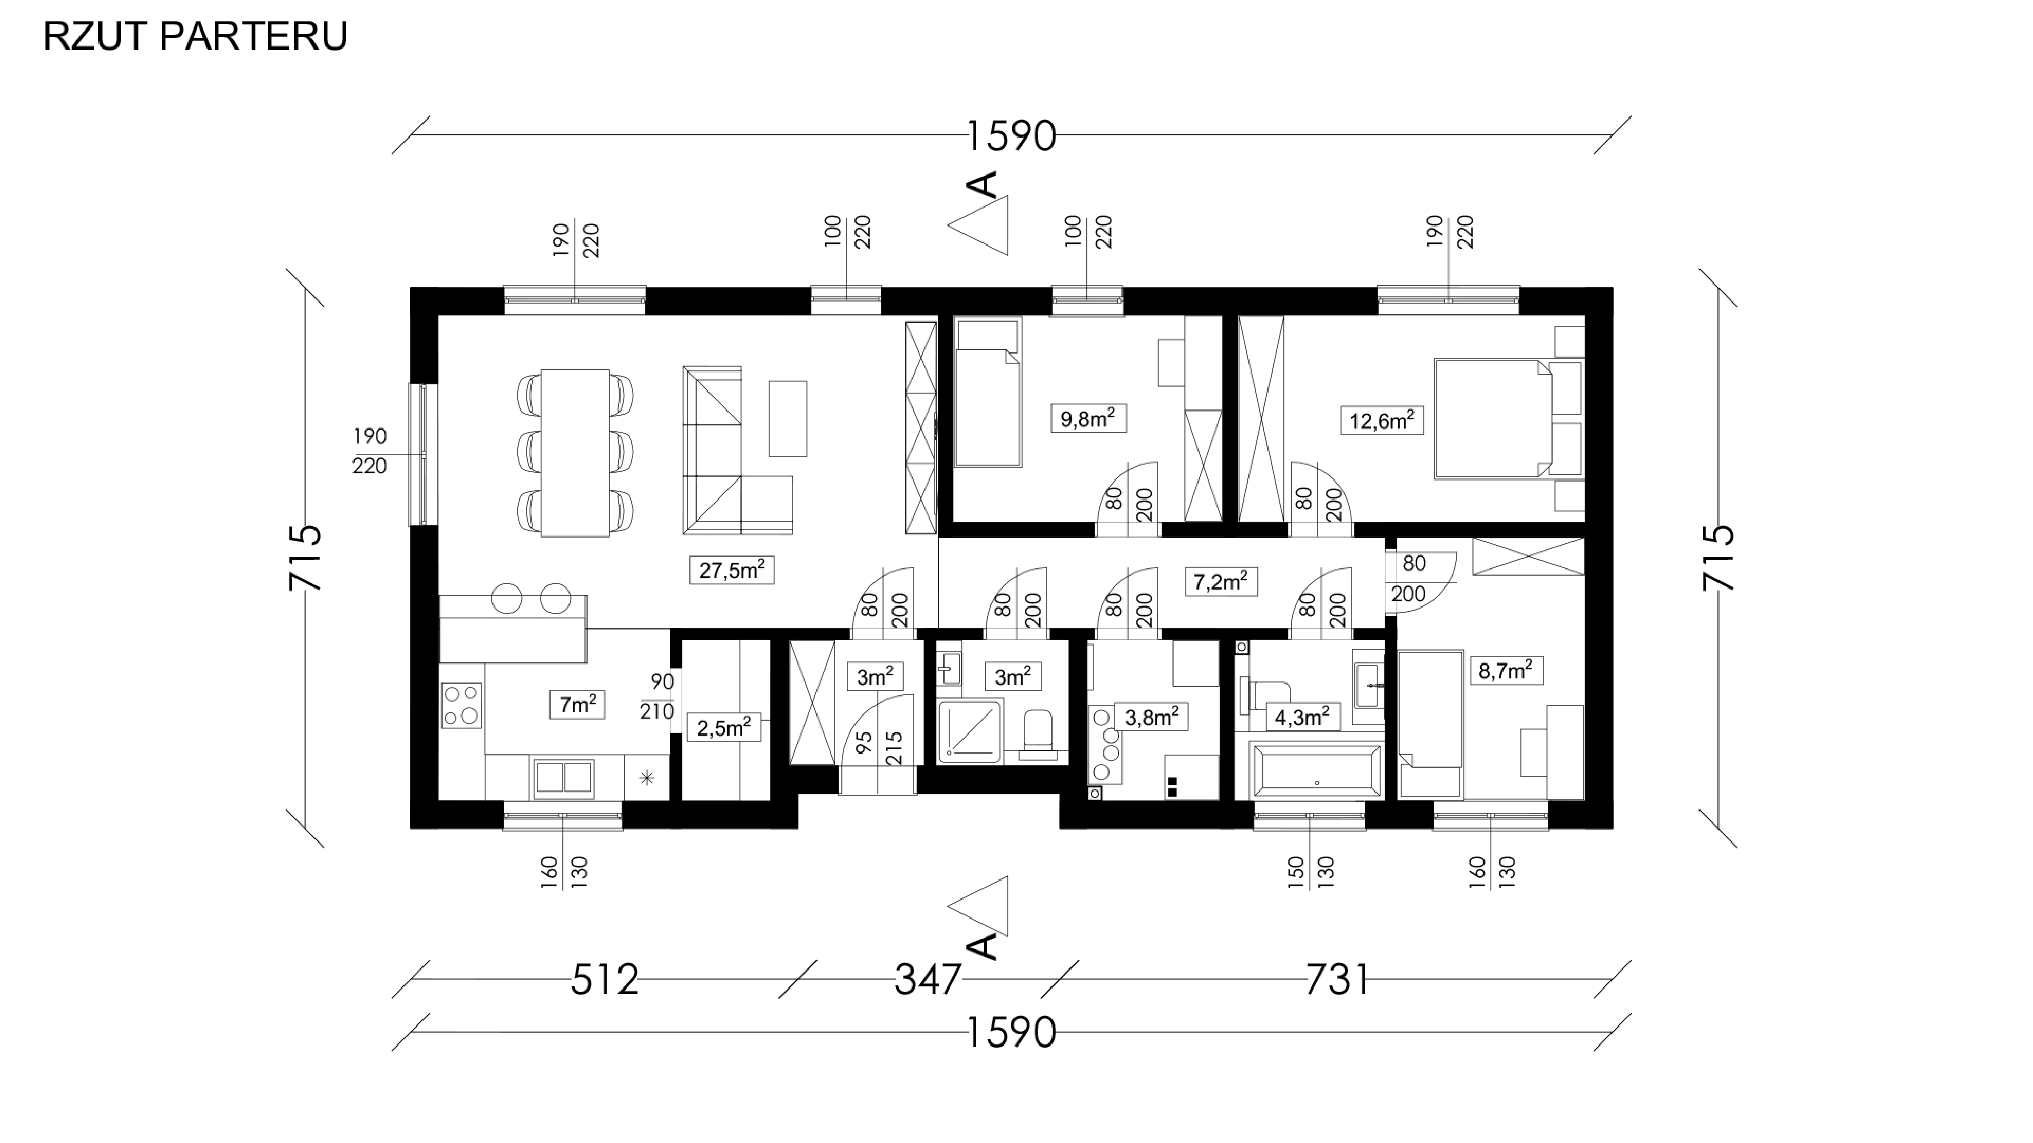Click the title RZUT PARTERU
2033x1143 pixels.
click(195, 36)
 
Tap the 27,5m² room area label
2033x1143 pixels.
click(732, 569)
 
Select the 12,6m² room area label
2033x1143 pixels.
click(1382, 420)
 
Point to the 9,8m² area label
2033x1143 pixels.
click(1088, 418)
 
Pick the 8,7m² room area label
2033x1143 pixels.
click(1506, 671)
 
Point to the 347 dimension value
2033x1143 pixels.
click(928, 980)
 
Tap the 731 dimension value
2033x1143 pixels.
click(1337, 980)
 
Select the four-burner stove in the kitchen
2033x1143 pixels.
click(462, 704)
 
